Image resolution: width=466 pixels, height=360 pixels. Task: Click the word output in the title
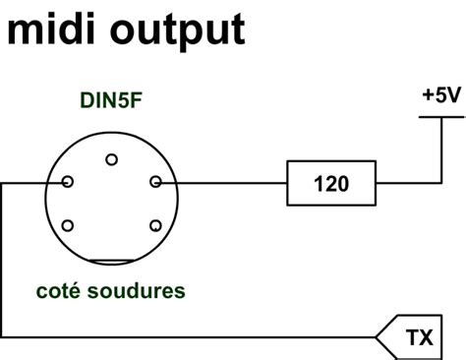[x=171, y=31]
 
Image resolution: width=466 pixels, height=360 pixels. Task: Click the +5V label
[x=438, y=96]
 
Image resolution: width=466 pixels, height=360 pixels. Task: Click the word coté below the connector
[x=58, y=292]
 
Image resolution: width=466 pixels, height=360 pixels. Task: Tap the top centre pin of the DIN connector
[x=111, y=159]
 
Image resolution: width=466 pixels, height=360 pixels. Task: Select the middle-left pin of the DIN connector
[x=67, y=182]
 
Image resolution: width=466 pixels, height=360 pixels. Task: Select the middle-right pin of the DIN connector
[x=155, y=182]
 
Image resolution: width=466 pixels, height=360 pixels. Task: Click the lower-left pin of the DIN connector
[x=67, y=225]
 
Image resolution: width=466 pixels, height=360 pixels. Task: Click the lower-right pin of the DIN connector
[x=155, y=225]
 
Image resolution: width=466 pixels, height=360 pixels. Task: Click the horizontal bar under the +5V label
[x=438, y=117]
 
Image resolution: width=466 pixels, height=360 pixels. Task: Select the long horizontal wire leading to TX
[x=197, y=337]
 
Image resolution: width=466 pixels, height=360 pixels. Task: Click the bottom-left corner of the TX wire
[x=3, y=337]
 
